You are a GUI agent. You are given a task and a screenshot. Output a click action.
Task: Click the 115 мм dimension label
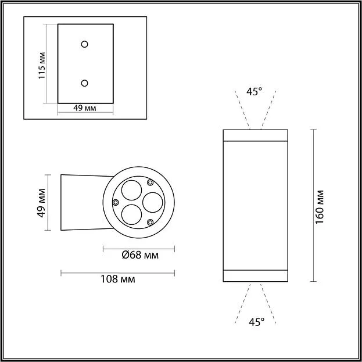click(42, 66)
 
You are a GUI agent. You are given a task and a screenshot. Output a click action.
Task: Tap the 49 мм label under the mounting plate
click(85, 108)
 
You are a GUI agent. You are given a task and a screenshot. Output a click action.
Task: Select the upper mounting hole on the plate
click(85, 44)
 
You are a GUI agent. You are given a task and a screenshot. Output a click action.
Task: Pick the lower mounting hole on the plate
click(85, 83)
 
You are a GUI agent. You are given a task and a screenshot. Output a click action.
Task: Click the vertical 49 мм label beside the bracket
click(41, 203)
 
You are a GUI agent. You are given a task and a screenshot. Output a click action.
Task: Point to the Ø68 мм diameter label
click(141, 255)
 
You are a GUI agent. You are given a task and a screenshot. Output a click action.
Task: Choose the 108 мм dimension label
click(118, 279)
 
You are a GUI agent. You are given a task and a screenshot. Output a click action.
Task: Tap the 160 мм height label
click(320, 207)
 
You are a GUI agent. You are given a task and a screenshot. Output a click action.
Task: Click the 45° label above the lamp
click(254, 92)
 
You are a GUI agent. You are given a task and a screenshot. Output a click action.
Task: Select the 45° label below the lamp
click(256, 322)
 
